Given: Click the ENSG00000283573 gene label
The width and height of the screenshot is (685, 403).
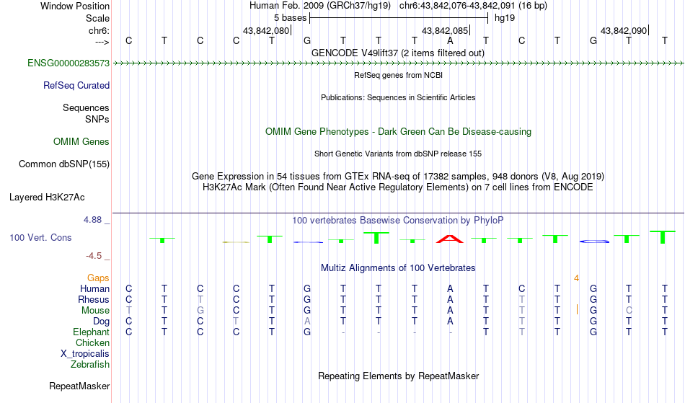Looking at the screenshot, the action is pos(68,63).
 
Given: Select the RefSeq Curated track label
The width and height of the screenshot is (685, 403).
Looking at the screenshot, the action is pos(76,86).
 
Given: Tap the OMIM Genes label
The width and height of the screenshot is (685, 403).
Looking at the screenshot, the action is pos(81,142).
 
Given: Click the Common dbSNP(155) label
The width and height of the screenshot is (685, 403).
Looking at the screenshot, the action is pos(63,164).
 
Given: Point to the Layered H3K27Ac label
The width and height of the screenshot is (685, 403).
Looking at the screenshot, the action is pos(47,198).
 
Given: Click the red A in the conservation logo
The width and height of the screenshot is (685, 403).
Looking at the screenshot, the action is pos(449,239).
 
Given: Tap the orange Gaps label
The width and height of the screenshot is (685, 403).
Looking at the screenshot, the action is pos(98,278).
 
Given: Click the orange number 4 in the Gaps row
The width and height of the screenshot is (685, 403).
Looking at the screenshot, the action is pos(576,278).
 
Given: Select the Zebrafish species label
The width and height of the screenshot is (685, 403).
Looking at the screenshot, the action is pos(90,365).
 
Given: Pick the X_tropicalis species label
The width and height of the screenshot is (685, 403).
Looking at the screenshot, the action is pos(85,354).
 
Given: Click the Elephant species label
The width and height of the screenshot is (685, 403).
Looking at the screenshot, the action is pos(91,332).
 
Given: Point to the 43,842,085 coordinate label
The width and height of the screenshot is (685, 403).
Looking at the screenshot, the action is pos(445,30).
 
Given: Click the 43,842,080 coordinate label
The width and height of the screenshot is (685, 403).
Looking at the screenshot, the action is pos(266,30).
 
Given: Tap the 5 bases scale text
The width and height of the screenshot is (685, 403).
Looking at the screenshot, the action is pos(290,18).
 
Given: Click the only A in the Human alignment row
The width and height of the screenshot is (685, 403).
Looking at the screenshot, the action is pos(450,288).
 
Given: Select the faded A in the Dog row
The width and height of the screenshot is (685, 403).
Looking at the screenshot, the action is pos(307,322).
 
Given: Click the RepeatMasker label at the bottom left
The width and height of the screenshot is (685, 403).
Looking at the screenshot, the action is pos(79,386).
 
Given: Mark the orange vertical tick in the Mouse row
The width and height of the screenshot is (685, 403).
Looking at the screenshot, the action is pos(577,310).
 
